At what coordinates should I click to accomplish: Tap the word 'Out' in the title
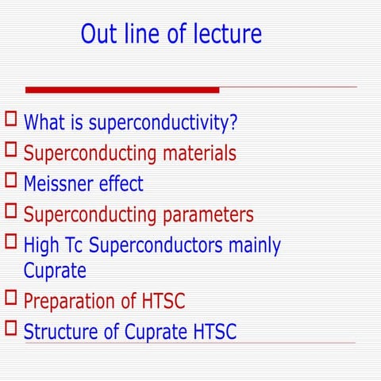99,34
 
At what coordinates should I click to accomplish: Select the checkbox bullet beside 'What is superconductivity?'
11,120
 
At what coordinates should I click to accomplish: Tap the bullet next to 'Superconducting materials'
11,149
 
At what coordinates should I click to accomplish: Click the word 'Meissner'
60,184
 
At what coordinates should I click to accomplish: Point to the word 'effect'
121,184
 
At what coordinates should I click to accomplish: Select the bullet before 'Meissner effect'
11,180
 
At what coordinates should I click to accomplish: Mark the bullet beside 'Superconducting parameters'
11,211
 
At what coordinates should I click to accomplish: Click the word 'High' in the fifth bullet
40,245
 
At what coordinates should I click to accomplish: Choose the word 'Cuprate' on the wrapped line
55,271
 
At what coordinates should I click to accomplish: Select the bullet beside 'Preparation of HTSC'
11,298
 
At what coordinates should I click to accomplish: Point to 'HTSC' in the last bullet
214,331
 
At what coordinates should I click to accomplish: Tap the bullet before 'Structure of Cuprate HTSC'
11,327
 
